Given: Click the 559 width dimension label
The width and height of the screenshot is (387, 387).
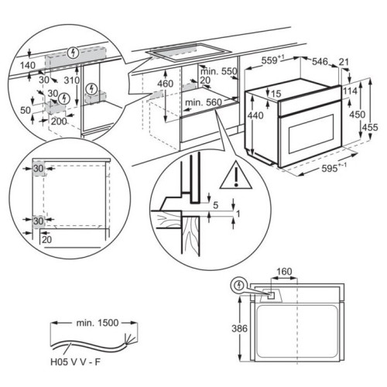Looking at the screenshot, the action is [x=273, y=61].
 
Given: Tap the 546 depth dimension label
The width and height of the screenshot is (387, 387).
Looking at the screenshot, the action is [x=320, y=62].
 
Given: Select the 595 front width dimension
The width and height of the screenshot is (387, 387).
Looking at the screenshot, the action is [x=334, y=168].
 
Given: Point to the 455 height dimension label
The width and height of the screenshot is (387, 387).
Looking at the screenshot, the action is [x=370, y=127].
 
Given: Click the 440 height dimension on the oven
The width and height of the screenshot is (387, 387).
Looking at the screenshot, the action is [x=255, y=115].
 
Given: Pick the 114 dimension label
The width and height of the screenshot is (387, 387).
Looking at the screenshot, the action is [x=350, y=91].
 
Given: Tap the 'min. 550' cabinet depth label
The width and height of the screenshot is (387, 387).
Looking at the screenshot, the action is [x=218, y=71].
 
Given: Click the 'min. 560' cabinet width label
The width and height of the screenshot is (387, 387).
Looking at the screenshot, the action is [x=204, y=102].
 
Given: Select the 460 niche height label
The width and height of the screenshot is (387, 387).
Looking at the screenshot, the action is [x=166, y=84].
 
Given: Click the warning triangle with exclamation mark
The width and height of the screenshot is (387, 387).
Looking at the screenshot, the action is [x=236, y=176].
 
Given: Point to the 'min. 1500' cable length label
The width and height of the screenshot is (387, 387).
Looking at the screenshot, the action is [x=98, y=323].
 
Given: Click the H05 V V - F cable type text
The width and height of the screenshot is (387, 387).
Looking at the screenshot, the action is [x=75, y=362].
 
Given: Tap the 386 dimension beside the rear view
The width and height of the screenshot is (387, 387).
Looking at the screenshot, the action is [x=239, y=328].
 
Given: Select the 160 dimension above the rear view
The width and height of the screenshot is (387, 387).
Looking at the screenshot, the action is [x=284, y=272].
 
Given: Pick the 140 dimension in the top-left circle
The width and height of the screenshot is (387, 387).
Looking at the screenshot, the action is [x=28, y=65].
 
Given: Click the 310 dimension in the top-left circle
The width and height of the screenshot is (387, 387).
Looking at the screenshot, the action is [x=72, y=80].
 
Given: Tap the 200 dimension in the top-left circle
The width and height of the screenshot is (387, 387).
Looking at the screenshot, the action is [x=59, y=121].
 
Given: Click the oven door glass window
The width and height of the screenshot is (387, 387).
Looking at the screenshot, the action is [x=311, y=134].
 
